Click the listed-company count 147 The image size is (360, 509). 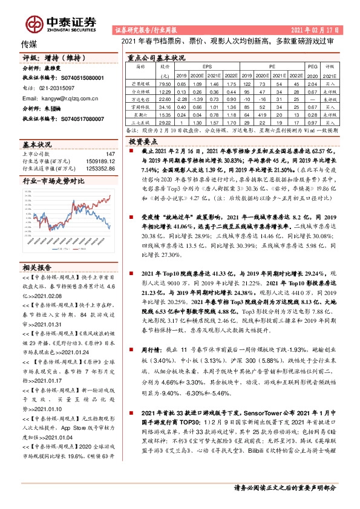coord(110,155)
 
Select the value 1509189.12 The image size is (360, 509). coord(99,162)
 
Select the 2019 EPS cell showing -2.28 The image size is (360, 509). coord(181,99)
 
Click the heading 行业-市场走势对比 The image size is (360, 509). coord(54,181)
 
